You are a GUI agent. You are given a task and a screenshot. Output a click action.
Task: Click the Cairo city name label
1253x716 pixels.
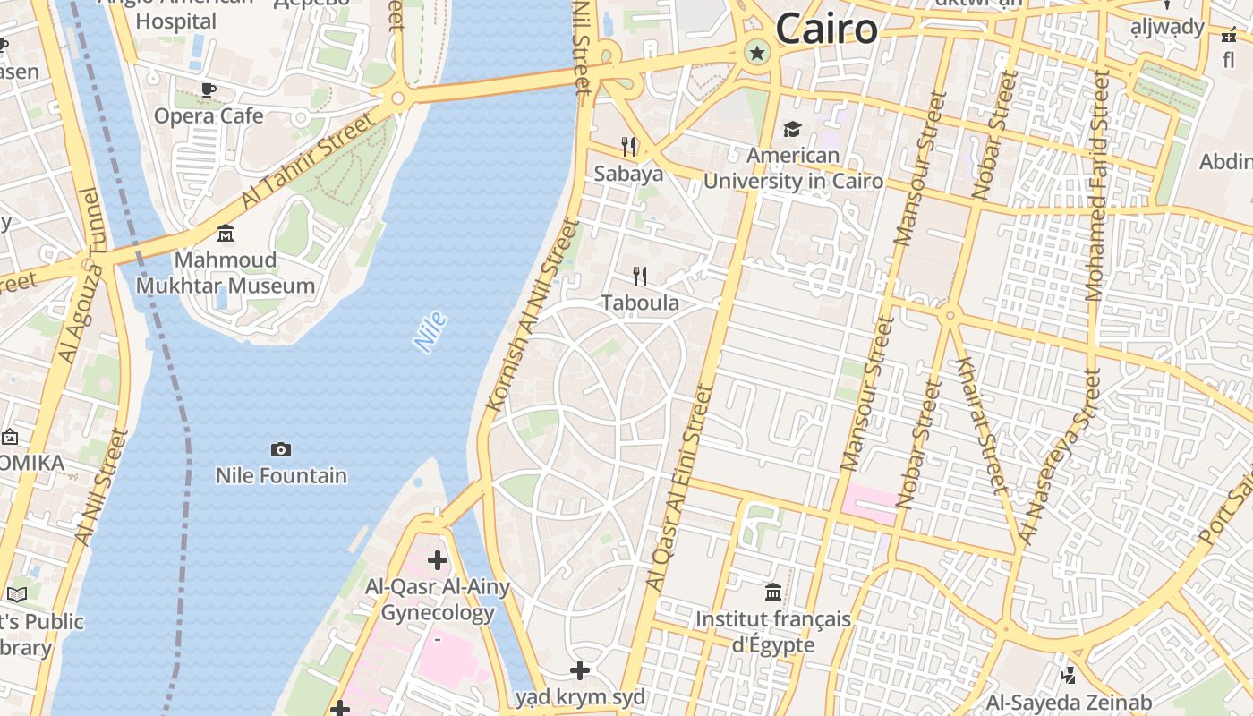(826, 29)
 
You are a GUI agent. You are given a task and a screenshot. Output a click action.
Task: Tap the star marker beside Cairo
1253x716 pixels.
(757, 53)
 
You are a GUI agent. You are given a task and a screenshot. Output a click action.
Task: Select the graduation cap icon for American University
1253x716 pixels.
(792, 130)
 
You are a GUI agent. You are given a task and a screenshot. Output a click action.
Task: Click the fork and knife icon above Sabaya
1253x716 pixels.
(629, 146)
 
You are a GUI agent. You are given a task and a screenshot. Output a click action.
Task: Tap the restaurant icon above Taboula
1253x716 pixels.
(640, 276)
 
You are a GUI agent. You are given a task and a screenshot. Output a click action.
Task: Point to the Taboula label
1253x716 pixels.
(640, 303)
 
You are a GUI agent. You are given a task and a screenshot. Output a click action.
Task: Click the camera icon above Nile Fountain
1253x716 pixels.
(280, 449)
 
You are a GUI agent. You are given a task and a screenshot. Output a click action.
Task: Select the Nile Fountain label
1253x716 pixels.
(281, 475)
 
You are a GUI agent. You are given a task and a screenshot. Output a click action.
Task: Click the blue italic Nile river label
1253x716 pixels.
(430, 331)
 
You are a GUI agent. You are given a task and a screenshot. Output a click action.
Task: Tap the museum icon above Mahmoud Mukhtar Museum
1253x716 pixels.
(226, 234)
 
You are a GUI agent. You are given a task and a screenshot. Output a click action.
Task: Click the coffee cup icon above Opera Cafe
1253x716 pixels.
(209, 89)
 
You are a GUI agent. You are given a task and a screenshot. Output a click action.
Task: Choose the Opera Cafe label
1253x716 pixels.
(209, 115)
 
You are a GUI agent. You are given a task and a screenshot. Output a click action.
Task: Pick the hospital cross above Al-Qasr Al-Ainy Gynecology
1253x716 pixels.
(437, 560)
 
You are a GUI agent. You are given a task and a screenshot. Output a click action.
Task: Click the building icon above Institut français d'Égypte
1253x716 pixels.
(773, 592)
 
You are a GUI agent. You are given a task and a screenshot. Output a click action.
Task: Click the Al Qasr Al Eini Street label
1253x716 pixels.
(679, 488)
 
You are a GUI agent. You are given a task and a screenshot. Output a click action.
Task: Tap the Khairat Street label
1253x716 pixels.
(983, 424)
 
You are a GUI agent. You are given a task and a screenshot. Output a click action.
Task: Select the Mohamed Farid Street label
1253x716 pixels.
(1096, 185)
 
